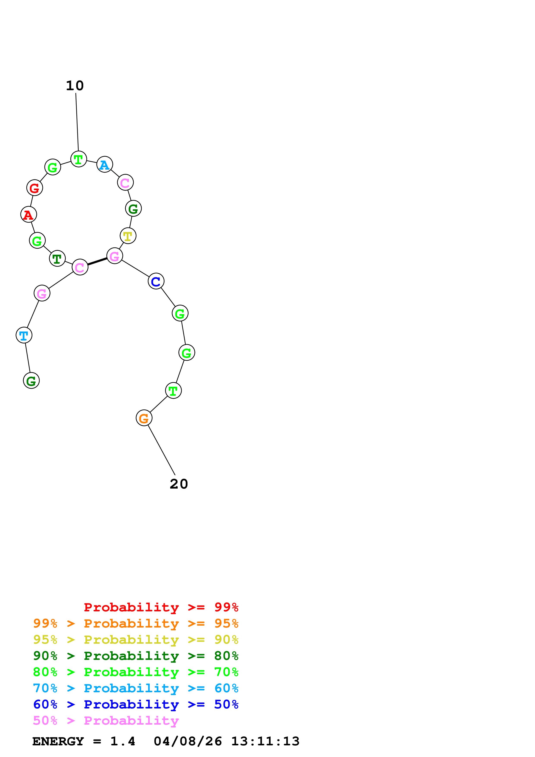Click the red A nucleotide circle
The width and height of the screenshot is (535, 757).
pos(29,215)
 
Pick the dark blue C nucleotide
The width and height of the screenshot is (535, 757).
pos(156,281)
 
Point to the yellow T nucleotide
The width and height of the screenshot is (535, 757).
pos(128,236)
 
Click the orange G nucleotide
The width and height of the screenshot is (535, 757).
pos(144,418)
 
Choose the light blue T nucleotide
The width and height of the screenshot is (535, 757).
pos(24,335)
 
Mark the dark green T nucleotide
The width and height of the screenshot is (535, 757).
pos(57,259)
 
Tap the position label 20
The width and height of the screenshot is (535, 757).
pos(179,484)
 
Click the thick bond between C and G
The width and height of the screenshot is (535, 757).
pos(97,262)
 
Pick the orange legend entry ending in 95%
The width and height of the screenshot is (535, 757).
pos(136,623)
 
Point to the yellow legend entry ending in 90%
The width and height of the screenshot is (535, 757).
pos(136,640)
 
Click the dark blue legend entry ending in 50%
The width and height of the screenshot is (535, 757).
pos(136,704)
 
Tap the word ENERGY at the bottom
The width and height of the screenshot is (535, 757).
pos(58,741)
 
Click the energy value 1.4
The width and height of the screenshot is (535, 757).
pos(123,741)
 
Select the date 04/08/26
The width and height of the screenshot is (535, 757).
pos(188,741)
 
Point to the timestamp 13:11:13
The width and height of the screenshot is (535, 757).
pos(265,741)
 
